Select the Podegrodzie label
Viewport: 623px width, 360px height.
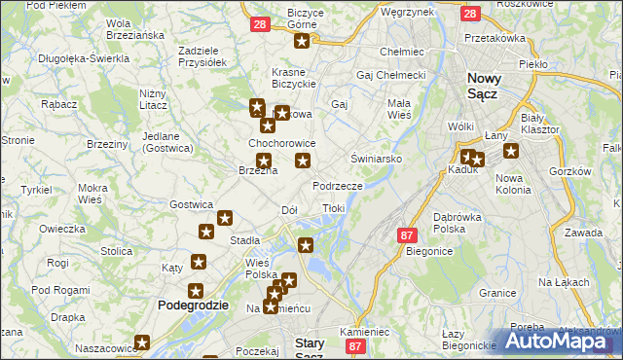[193, 305]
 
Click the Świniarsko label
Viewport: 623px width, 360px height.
[371, 158]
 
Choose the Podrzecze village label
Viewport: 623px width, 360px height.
[338, 185]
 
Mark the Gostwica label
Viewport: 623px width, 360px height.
[191, 204]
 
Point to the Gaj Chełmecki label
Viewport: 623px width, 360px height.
[392, 75]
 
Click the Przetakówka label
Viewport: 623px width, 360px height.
[495, 38]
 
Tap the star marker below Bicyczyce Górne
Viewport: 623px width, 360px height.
[303, 41]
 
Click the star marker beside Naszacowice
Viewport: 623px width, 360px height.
[143, 342]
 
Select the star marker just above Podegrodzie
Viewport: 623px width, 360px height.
[195, 290]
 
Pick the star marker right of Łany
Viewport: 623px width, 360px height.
[510, 151]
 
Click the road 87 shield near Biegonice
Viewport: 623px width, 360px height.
[408, 236]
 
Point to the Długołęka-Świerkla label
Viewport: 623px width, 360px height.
[84, 58]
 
